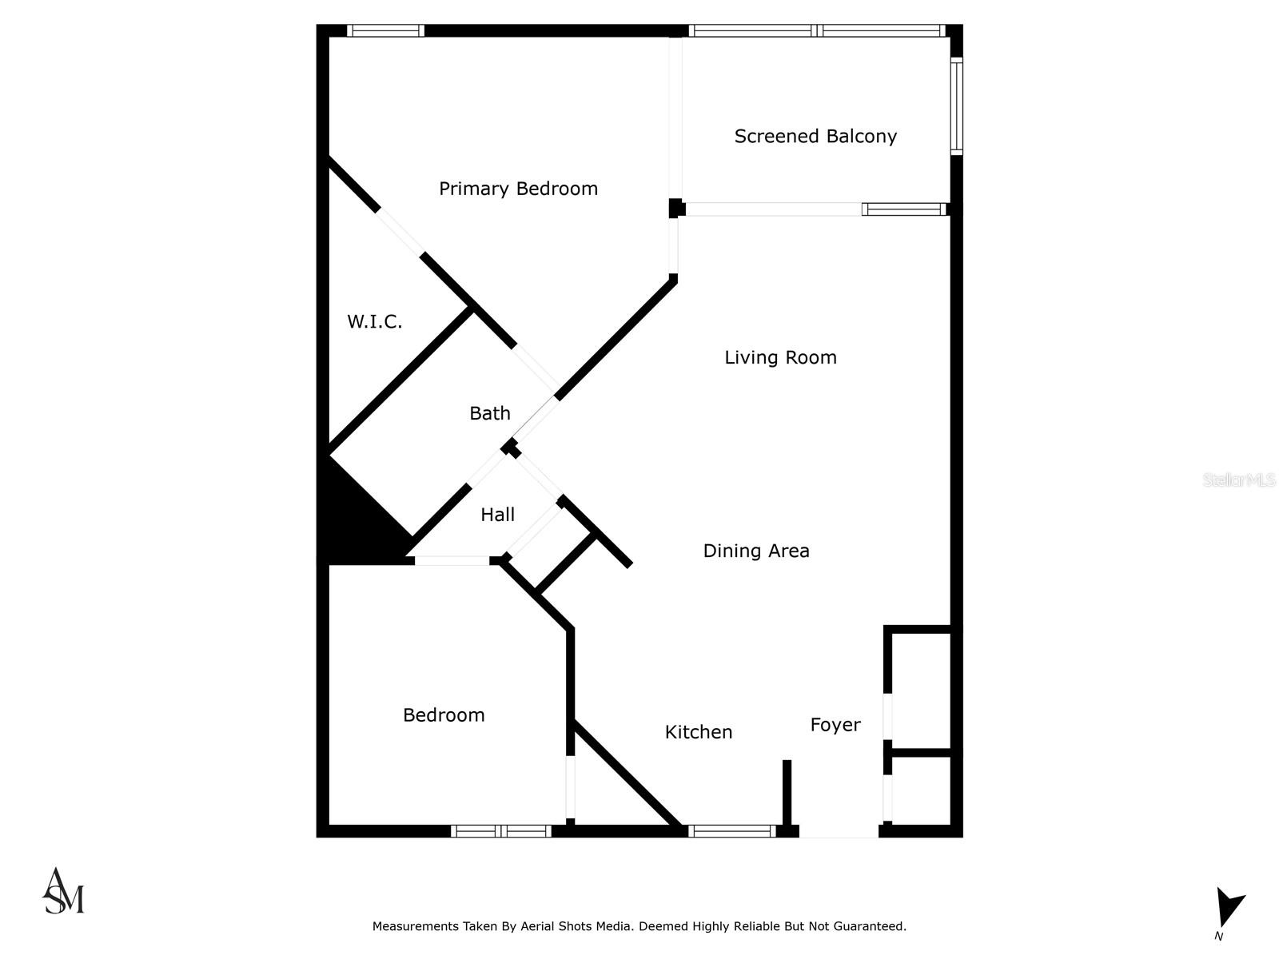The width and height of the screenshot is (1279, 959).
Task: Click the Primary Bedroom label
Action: pos(518,189)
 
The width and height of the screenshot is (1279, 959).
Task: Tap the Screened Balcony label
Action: pos(815,137)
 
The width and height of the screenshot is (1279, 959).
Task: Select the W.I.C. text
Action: pos(374,321)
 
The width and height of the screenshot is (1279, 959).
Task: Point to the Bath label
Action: pos(489,413)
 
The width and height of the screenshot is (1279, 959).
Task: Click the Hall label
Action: pos(497,515)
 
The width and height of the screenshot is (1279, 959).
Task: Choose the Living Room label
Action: pos(780,357)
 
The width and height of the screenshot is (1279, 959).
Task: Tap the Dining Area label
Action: pos(755,551)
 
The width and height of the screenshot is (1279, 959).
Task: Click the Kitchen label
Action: pos(698,732)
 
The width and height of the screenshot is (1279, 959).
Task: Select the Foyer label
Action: pos(835,725)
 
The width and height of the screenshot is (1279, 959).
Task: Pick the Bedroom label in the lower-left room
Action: pos(444,715)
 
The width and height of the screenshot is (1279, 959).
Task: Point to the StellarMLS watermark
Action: pos(1238,480)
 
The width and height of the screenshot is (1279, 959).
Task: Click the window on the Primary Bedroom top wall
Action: pos(386,31)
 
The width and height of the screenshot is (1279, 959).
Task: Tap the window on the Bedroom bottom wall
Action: pos(501,831)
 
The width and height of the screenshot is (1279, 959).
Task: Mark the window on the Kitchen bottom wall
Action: pos(731,831)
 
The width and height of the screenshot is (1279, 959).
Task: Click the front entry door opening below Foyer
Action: pos(839,832)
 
